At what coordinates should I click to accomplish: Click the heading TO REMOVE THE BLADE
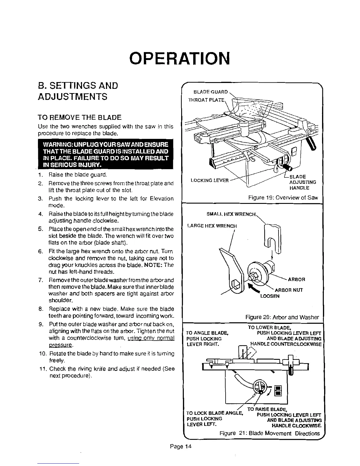pyautogui.click(x=79, y=118)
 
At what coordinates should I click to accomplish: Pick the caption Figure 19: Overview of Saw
pyautogui.click(x=283, y=198)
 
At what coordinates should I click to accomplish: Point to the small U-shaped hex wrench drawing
pyautogui.click(x=273, y=238)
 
